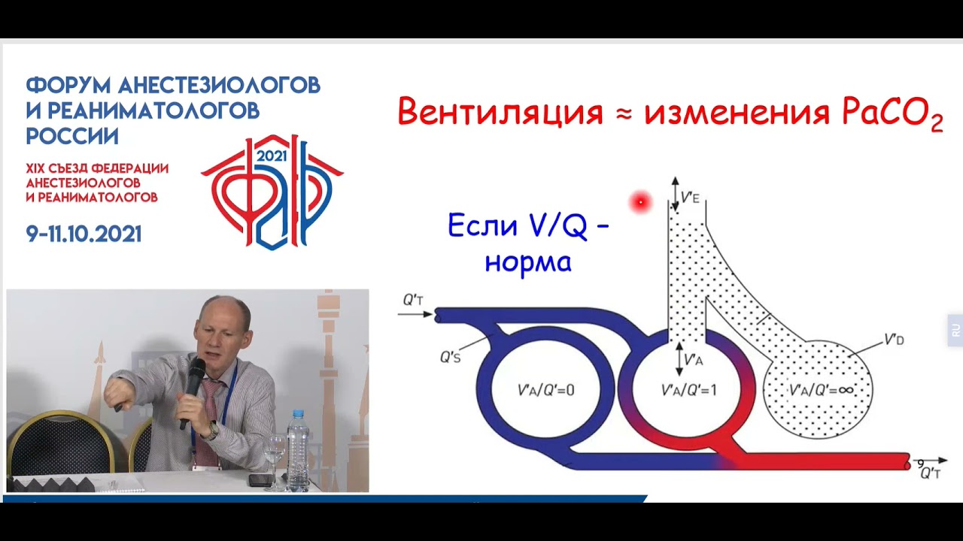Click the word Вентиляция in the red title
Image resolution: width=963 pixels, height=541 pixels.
500,113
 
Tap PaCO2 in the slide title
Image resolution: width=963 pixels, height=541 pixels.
892,114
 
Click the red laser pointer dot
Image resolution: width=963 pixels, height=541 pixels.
640,201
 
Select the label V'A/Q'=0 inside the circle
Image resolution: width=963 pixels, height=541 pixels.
545,390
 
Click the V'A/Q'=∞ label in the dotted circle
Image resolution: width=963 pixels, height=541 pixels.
820,391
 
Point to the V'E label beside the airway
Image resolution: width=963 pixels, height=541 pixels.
691,199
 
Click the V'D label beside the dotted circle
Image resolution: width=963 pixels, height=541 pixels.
894,340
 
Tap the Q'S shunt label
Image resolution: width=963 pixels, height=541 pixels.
450,358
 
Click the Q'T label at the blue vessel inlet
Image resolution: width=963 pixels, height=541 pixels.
413,301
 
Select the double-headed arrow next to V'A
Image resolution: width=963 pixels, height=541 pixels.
679,359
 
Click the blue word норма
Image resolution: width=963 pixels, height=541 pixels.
527,261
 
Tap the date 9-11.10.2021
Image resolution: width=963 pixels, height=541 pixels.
84,234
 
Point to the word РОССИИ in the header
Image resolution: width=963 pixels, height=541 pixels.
72,136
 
